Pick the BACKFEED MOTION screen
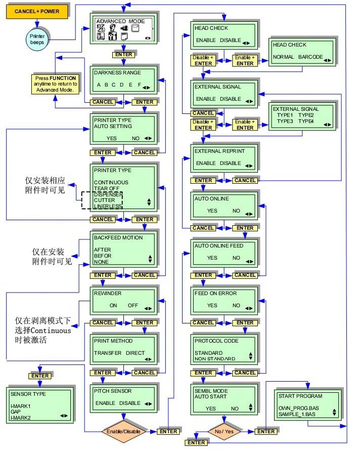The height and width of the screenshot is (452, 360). point(123,250)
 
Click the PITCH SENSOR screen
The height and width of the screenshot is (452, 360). point(123,399)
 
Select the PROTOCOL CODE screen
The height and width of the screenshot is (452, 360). point(224,350)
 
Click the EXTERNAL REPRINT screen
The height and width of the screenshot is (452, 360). point(224,157)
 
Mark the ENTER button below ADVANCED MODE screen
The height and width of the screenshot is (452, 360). point(123,55)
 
